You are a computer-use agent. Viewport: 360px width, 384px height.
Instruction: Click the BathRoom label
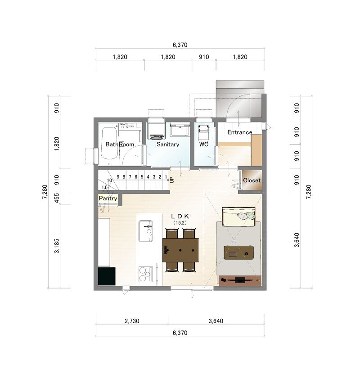tap(120, 144)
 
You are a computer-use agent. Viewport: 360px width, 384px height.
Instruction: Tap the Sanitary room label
tap(168, 144)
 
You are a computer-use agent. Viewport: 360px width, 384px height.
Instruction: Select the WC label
tap(203, 144)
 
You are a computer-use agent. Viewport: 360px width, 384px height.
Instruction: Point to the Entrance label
tap(239, 132)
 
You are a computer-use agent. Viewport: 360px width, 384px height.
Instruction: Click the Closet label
tap(252, 180)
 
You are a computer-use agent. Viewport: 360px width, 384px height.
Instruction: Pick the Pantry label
tap(108, 198)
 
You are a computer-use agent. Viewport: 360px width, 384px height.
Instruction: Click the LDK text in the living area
tap(180, 216)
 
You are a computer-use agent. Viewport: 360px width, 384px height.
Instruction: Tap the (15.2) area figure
tap(180, 223)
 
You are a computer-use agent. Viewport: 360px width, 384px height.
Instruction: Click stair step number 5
tap(142, 177)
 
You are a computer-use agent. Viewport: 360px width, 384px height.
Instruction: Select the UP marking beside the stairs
tap(171, 180)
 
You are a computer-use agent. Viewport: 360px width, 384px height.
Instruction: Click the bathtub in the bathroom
tap(109, 143)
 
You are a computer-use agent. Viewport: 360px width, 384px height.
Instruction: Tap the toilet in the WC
tap(203, 132)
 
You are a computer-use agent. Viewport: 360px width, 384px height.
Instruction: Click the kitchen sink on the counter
tap(146, 231)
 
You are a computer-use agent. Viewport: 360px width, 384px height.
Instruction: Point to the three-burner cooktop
tap(146, 274)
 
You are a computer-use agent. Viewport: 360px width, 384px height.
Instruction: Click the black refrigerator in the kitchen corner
tap(107, 276)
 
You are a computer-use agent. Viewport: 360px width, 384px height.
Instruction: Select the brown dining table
tap(180, 250)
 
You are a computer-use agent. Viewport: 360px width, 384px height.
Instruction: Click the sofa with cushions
tap(238, 217)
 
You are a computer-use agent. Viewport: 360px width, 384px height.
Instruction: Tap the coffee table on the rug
tap(238, 253)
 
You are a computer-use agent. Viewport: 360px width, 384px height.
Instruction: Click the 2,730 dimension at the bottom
tap(132, 321)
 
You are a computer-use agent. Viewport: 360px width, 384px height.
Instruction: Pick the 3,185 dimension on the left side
tap(57, 246)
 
